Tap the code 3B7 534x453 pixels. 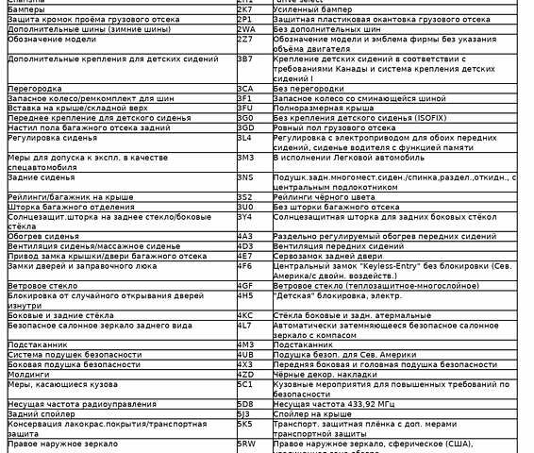(244, 59)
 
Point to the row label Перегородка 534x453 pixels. (35, 88)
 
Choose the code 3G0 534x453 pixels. (245, 117)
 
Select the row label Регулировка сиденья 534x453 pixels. (52, 137)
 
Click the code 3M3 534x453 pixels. (245, 157)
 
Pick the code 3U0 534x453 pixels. (245, 206)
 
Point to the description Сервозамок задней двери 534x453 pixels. (326, 255)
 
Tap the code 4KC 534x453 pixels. (245, 314)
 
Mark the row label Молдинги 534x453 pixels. (29, 374)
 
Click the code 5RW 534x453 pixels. (246, 443)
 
